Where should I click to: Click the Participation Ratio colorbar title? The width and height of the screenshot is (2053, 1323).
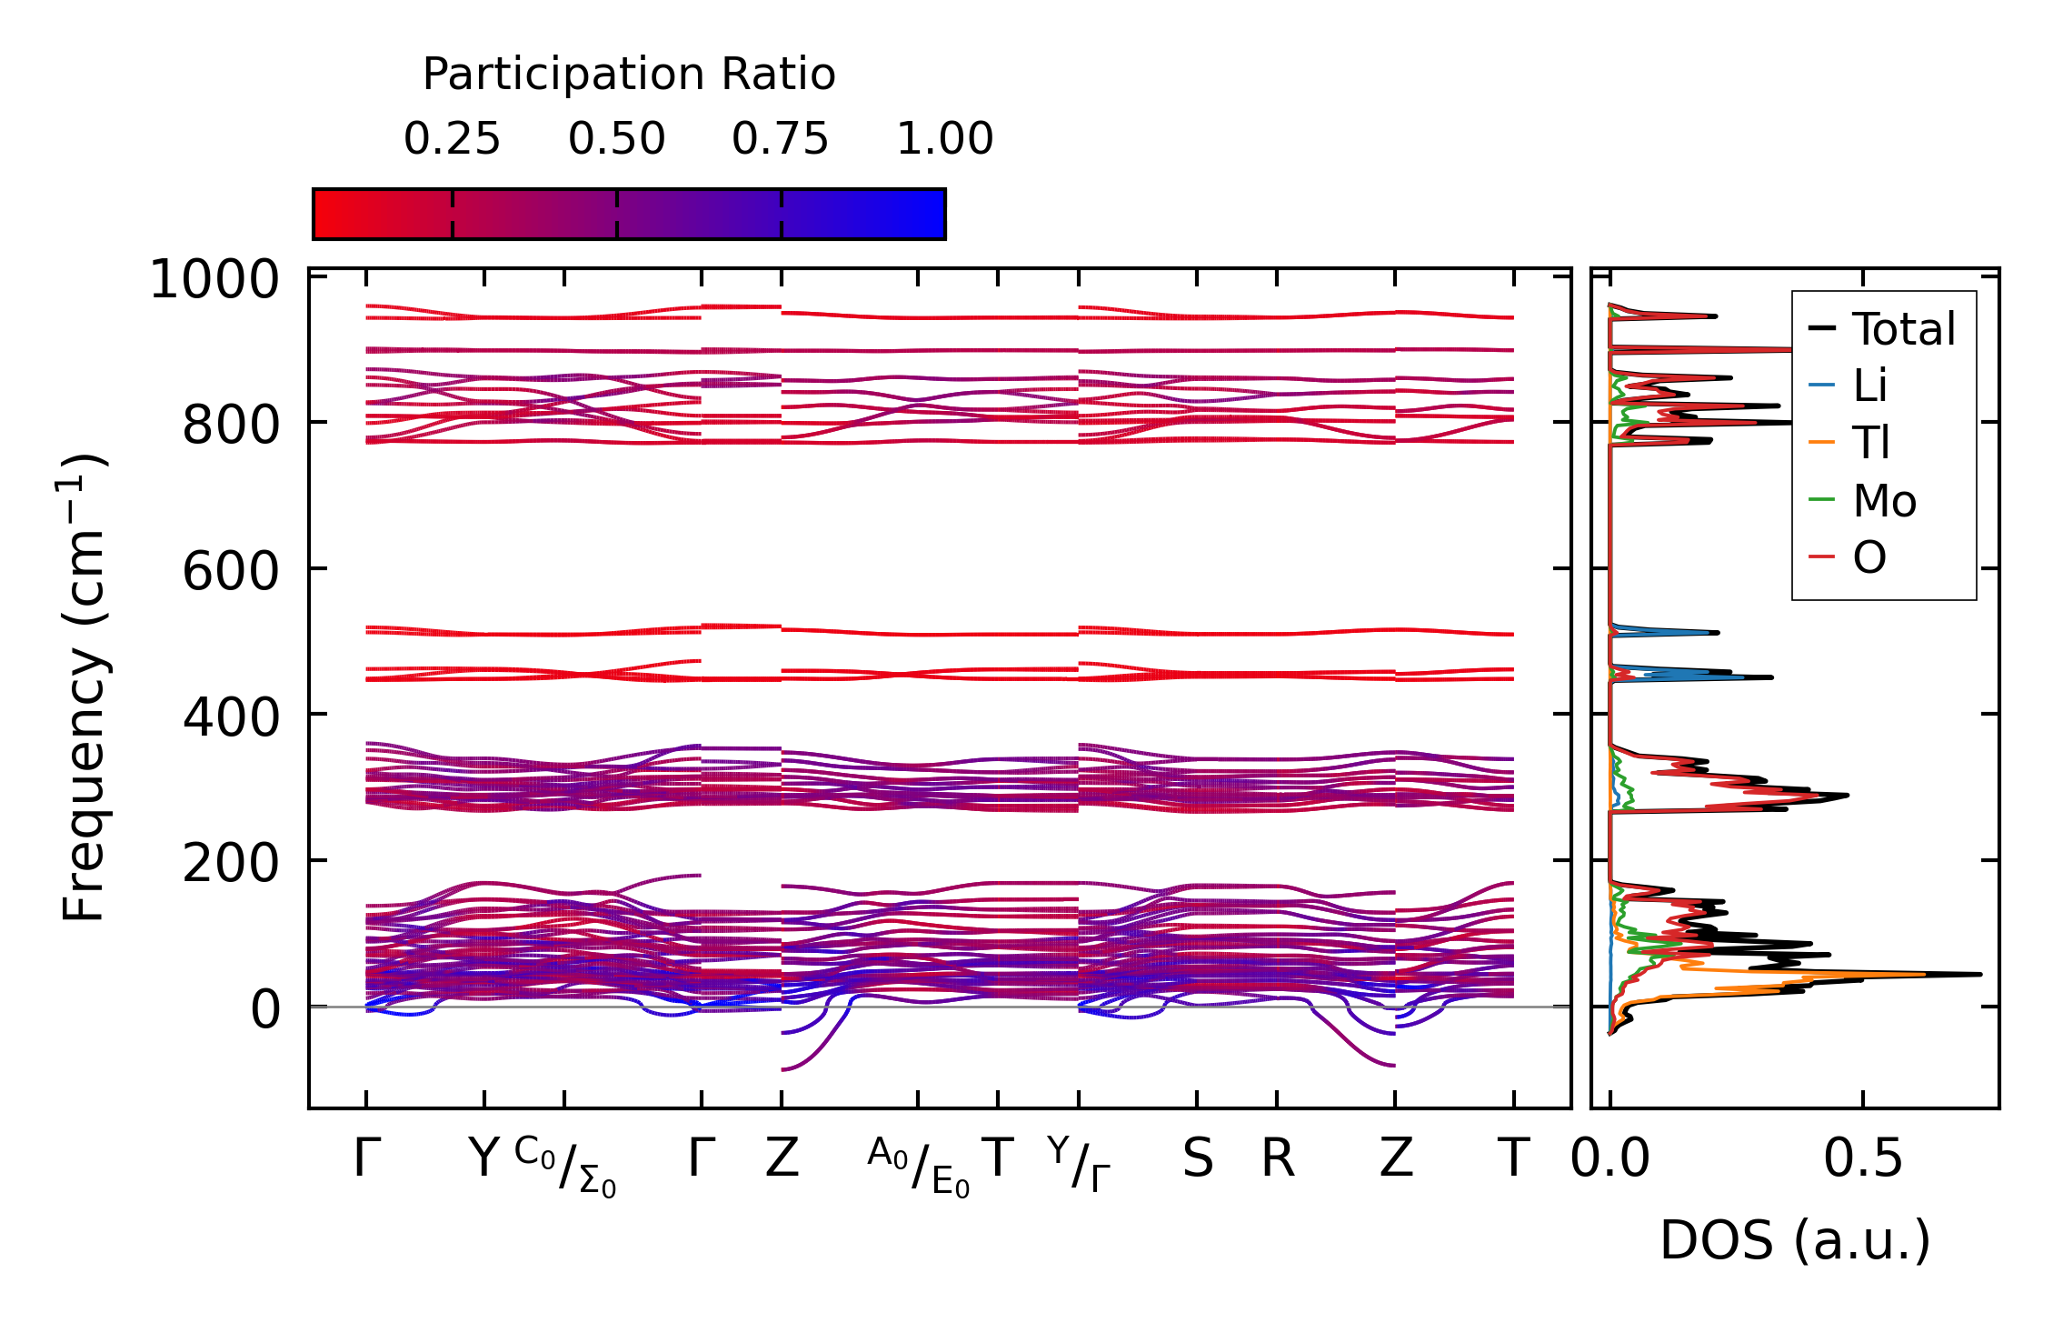[629, 75]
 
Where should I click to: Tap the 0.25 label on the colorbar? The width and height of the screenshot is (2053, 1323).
[452, 139]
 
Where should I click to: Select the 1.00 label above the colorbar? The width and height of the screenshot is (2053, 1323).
[944, 139]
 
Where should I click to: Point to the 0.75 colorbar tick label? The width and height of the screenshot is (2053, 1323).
[780, 139]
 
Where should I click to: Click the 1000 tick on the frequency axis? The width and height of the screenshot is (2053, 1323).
[214, 279]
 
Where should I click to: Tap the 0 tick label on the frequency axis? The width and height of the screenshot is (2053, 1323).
[265, 1010]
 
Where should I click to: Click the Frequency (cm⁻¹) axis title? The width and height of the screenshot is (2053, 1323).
[85, 688]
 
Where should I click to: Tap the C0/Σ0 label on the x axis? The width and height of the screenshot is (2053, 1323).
[565, 1167]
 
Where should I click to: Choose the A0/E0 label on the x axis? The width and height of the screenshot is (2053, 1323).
[918, 1167]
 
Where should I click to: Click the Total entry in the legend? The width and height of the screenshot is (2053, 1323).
[1903, 329]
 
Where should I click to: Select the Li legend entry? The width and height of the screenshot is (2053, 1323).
[1869, 386]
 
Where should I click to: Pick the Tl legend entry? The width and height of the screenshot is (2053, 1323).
[1871, 443]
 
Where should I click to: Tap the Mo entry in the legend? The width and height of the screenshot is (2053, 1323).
[1884, 500]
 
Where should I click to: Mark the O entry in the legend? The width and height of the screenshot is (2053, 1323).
[1869, 557]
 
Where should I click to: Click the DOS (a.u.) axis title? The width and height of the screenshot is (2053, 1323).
[1795, 1240]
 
